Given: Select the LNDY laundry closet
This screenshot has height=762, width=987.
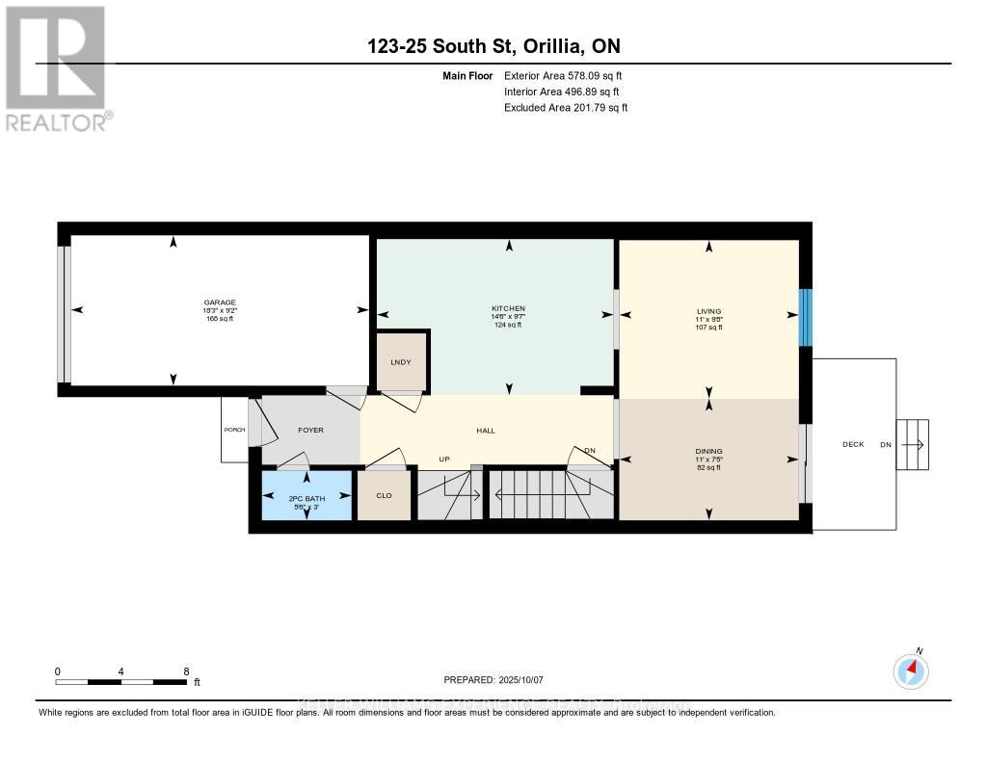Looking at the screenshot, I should point(401,361).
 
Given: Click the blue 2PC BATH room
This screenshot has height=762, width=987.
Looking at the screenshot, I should point(307,495).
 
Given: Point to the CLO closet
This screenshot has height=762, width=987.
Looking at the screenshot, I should point(384,495).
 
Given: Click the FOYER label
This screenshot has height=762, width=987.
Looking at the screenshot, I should point(310,431).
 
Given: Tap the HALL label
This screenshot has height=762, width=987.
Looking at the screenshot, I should point(486,431).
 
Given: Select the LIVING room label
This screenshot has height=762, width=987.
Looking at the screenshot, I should point(708,311).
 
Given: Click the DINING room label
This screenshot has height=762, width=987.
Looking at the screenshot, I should point(708,451).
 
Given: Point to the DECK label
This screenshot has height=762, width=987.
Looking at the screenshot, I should point(853,444).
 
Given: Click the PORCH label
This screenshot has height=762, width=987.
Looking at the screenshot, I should point(234,430).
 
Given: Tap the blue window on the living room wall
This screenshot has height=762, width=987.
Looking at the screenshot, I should point(806,316).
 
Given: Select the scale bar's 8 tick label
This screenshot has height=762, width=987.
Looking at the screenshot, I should point(186,670).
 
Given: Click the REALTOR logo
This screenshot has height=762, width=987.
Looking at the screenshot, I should point(56,67).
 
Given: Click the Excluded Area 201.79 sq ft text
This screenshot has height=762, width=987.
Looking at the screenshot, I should point(566,108).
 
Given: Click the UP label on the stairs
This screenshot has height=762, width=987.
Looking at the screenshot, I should point(444,459).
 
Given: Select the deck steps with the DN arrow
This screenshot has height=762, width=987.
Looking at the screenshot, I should point(914,444).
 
